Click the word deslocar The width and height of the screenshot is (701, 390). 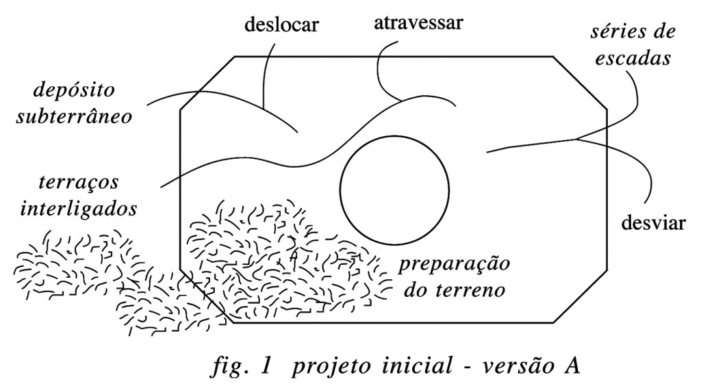click(x=281, y=24)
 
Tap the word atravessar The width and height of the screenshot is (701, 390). click(x=418, y=23)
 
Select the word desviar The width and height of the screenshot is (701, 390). click(x=653, y=222)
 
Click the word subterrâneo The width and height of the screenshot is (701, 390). click(x=74, y=116)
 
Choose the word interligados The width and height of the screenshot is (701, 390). click(x=79, y=209)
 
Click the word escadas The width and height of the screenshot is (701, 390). click(x=633, y=59)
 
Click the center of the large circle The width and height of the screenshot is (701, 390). click(x=394, y=190)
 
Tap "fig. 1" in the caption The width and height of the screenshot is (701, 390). click(x=242, y=366)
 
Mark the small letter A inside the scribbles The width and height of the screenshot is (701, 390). click(x=294, y=255)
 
